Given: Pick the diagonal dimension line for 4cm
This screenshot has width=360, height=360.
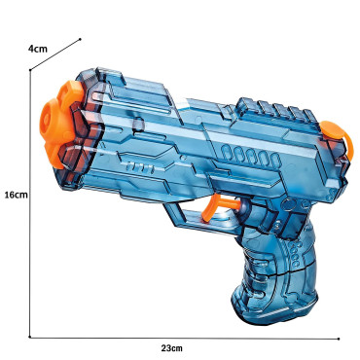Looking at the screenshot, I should pos(54,54).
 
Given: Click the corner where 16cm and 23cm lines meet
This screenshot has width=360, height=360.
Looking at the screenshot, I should pos(30,337).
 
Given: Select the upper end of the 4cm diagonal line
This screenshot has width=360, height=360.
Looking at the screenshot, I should pos(77,39).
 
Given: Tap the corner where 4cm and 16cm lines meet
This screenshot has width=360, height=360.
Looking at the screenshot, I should pos(30,70).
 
